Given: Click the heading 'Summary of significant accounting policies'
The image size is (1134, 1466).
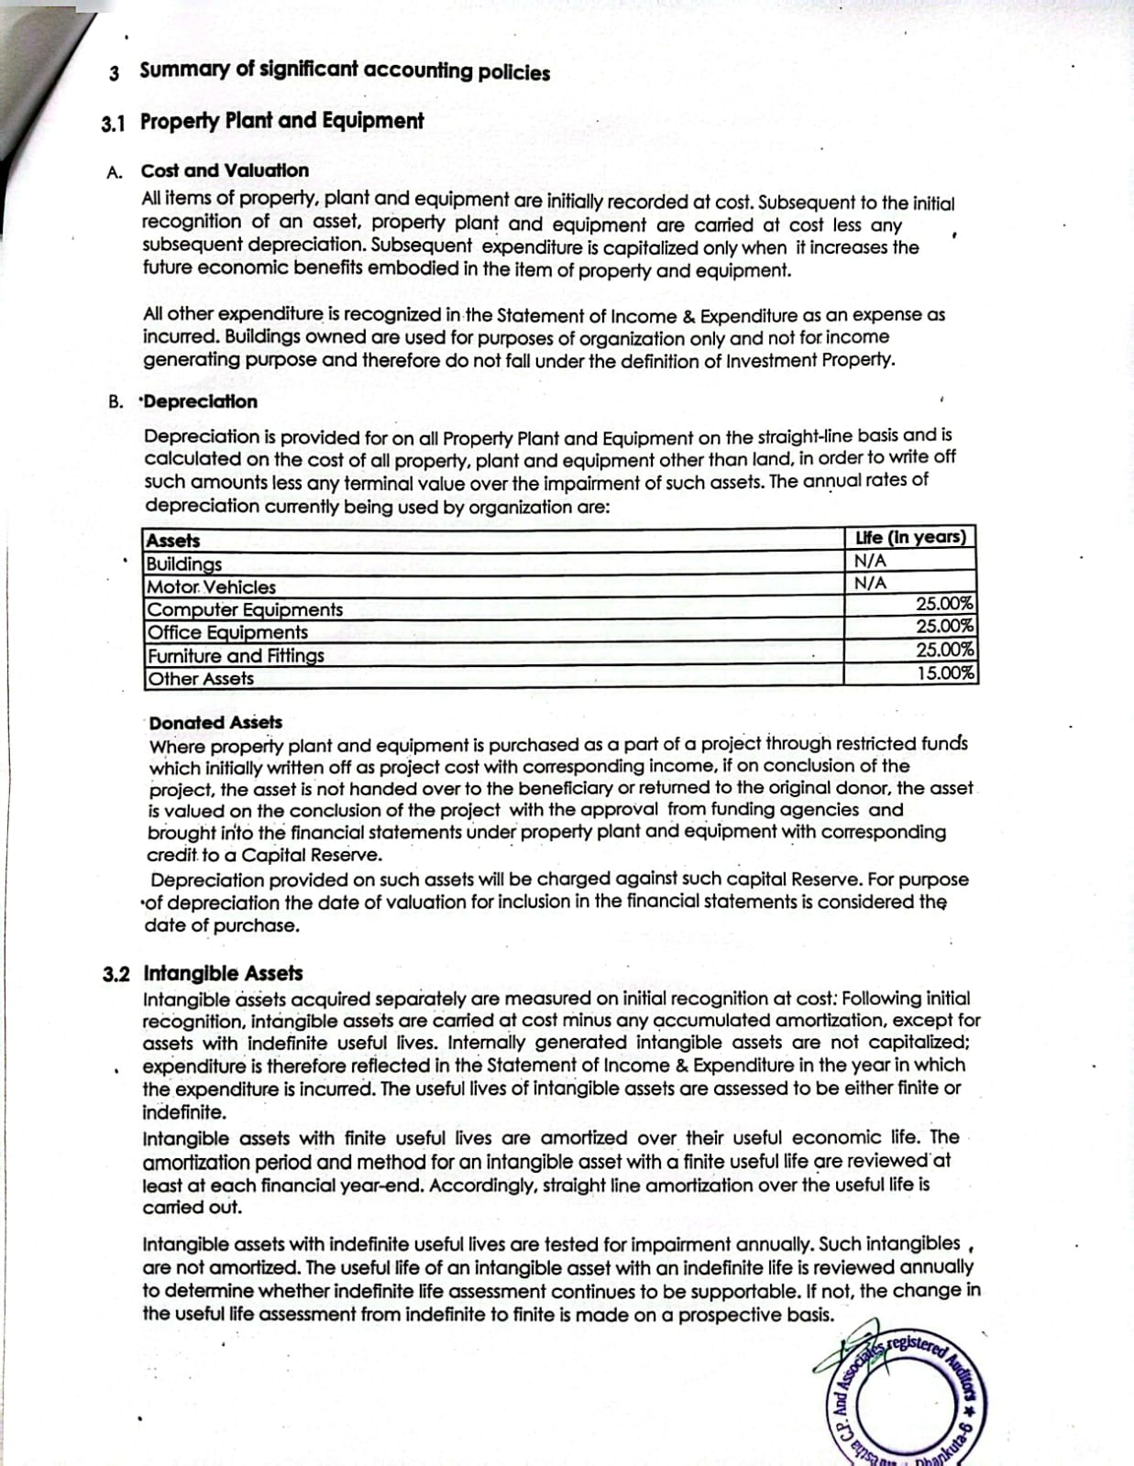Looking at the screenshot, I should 345,71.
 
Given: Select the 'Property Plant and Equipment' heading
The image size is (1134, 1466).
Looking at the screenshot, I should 281,121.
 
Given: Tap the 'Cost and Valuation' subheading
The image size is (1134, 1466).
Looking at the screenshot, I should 225,170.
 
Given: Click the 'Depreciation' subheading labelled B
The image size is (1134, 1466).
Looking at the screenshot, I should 201,401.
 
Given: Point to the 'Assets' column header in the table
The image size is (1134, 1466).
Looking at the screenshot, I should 173,541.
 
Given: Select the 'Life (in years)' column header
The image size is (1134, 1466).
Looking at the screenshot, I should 909,538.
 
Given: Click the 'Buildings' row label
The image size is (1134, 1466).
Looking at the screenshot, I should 184,563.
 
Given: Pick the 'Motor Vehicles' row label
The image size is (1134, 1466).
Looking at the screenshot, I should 212,587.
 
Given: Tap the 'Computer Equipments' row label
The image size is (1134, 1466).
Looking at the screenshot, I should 245,609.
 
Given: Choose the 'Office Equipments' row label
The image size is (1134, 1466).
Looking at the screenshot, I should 227,632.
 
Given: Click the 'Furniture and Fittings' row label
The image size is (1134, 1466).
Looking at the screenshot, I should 236,656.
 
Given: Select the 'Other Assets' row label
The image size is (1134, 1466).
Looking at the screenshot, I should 201,679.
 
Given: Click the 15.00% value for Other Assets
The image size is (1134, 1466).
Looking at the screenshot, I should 945,673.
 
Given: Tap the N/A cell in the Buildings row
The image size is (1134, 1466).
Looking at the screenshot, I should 870,561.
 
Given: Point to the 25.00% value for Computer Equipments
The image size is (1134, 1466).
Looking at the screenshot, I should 945,605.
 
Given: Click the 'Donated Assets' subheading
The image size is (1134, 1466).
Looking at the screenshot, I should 215,723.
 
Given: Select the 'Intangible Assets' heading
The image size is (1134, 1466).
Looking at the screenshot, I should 223,973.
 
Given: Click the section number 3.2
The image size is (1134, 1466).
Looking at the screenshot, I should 116,974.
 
